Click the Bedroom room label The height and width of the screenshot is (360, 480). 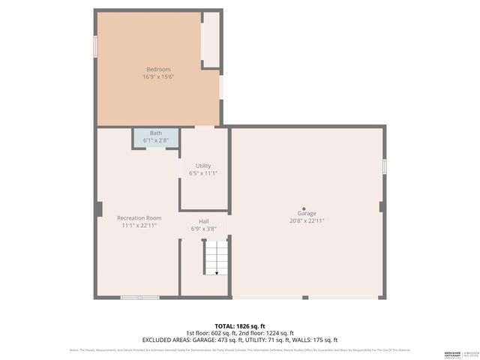pos(158,70)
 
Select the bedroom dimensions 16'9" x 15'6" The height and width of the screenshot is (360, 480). pos(158,76)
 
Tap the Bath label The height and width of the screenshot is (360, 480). pos(155,133)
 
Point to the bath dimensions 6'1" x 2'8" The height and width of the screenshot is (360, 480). pos(155,139)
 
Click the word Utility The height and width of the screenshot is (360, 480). pos(203,166)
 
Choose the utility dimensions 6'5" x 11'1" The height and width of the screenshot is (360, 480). pos(203,172)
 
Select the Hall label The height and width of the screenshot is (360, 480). pos(203,221)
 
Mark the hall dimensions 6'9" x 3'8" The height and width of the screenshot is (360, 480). pos(203,228)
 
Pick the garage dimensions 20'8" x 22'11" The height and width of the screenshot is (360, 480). pos(307,221)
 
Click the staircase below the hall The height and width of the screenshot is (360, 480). pos(216,257)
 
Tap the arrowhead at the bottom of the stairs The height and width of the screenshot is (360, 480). pos(216,273)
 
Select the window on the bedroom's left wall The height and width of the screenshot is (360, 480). pos(95,46)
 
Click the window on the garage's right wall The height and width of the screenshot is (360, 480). pos(384,166)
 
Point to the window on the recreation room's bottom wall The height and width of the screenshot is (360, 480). pos(139,298)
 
